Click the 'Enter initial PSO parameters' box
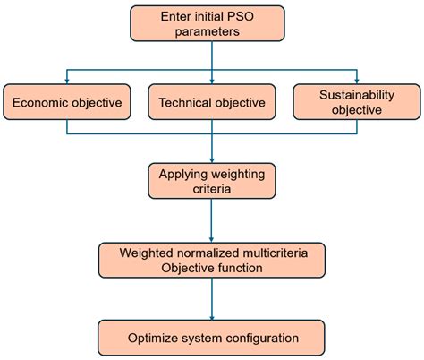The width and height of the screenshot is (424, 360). [212, 24]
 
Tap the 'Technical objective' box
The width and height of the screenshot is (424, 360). [211, 102]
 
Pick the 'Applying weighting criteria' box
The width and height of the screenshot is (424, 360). [212, 179]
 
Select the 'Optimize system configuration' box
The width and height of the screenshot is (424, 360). [212, 338]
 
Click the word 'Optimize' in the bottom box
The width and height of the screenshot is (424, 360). [152, 339]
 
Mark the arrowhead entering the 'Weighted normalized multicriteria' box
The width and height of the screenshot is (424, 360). [212, 238]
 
